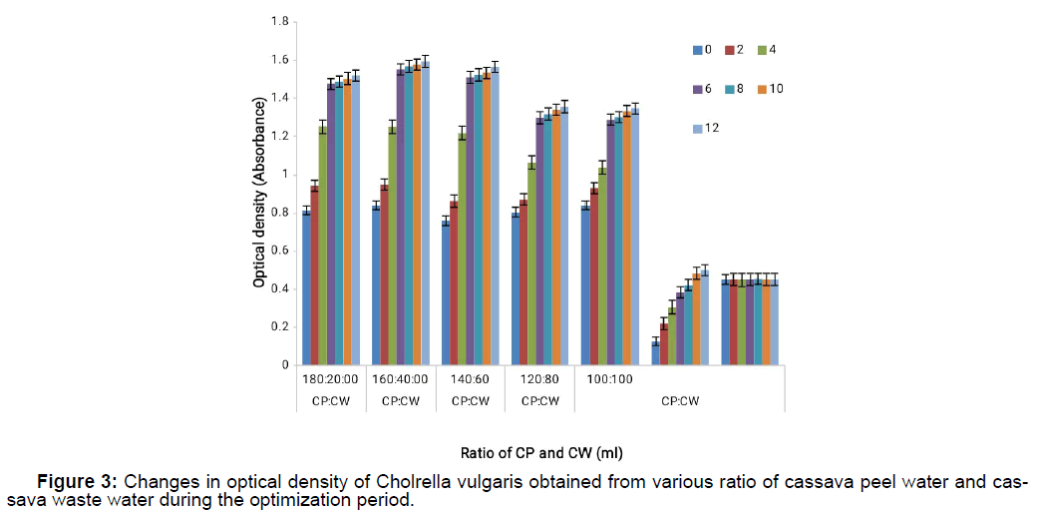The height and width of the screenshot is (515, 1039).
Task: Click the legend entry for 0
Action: (x=703, y=49)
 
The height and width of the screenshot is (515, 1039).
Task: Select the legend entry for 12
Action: (x=708, y=129)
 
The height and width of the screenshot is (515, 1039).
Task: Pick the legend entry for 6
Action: (x=703, y=89)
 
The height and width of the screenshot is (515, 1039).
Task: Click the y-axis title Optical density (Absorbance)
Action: (x=258, y=194)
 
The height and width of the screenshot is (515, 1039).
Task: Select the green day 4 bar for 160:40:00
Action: (x=392, y=246)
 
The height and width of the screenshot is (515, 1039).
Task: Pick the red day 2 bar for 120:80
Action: (x=523, y=282)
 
